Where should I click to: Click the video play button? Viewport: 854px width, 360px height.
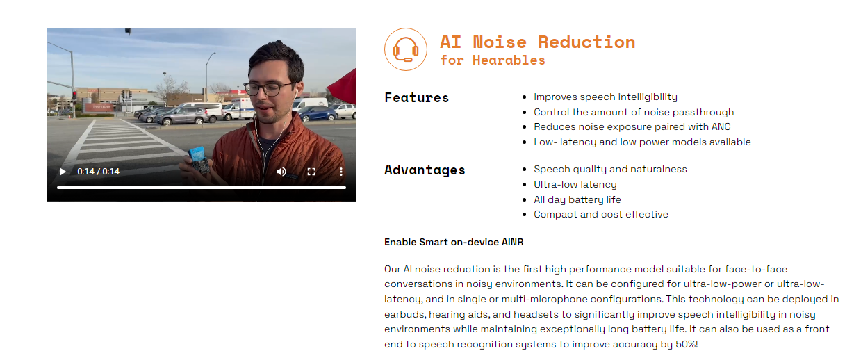click(63, 172)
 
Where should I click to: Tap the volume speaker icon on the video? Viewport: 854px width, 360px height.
click(281, 172)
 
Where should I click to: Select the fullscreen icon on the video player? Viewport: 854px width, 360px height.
click(311, 172)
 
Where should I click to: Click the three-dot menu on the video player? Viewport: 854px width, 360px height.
click(341, 172)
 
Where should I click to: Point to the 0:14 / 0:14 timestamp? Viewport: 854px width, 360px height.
click(99, 172)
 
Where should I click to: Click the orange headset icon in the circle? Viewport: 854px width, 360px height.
click(406, 49)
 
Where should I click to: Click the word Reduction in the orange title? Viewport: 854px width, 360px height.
click(586, 42)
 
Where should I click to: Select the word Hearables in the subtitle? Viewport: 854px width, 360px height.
click(509, 60)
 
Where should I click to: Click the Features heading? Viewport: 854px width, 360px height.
click(416, 97)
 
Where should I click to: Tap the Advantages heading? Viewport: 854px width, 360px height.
click(425, 170)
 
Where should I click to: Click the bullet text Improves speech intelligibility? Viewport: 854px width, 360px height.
click(605, 97)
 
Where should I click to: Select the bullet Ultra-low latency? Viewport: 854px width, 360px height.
click(575, 185)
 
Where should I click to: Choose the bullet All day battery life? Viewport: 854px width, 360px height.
click(577, 199)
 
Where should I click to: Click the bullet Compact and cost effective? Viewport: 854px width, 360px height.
click(601, 214)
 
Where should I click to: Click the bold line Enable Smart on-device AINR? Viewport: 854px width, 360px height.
click(454, 242)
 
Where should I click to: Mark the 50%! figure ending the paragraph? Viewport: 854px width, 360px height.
click(687, 345)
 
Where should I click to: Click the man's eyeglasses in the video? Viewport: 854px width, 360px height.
click(269, 88)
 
